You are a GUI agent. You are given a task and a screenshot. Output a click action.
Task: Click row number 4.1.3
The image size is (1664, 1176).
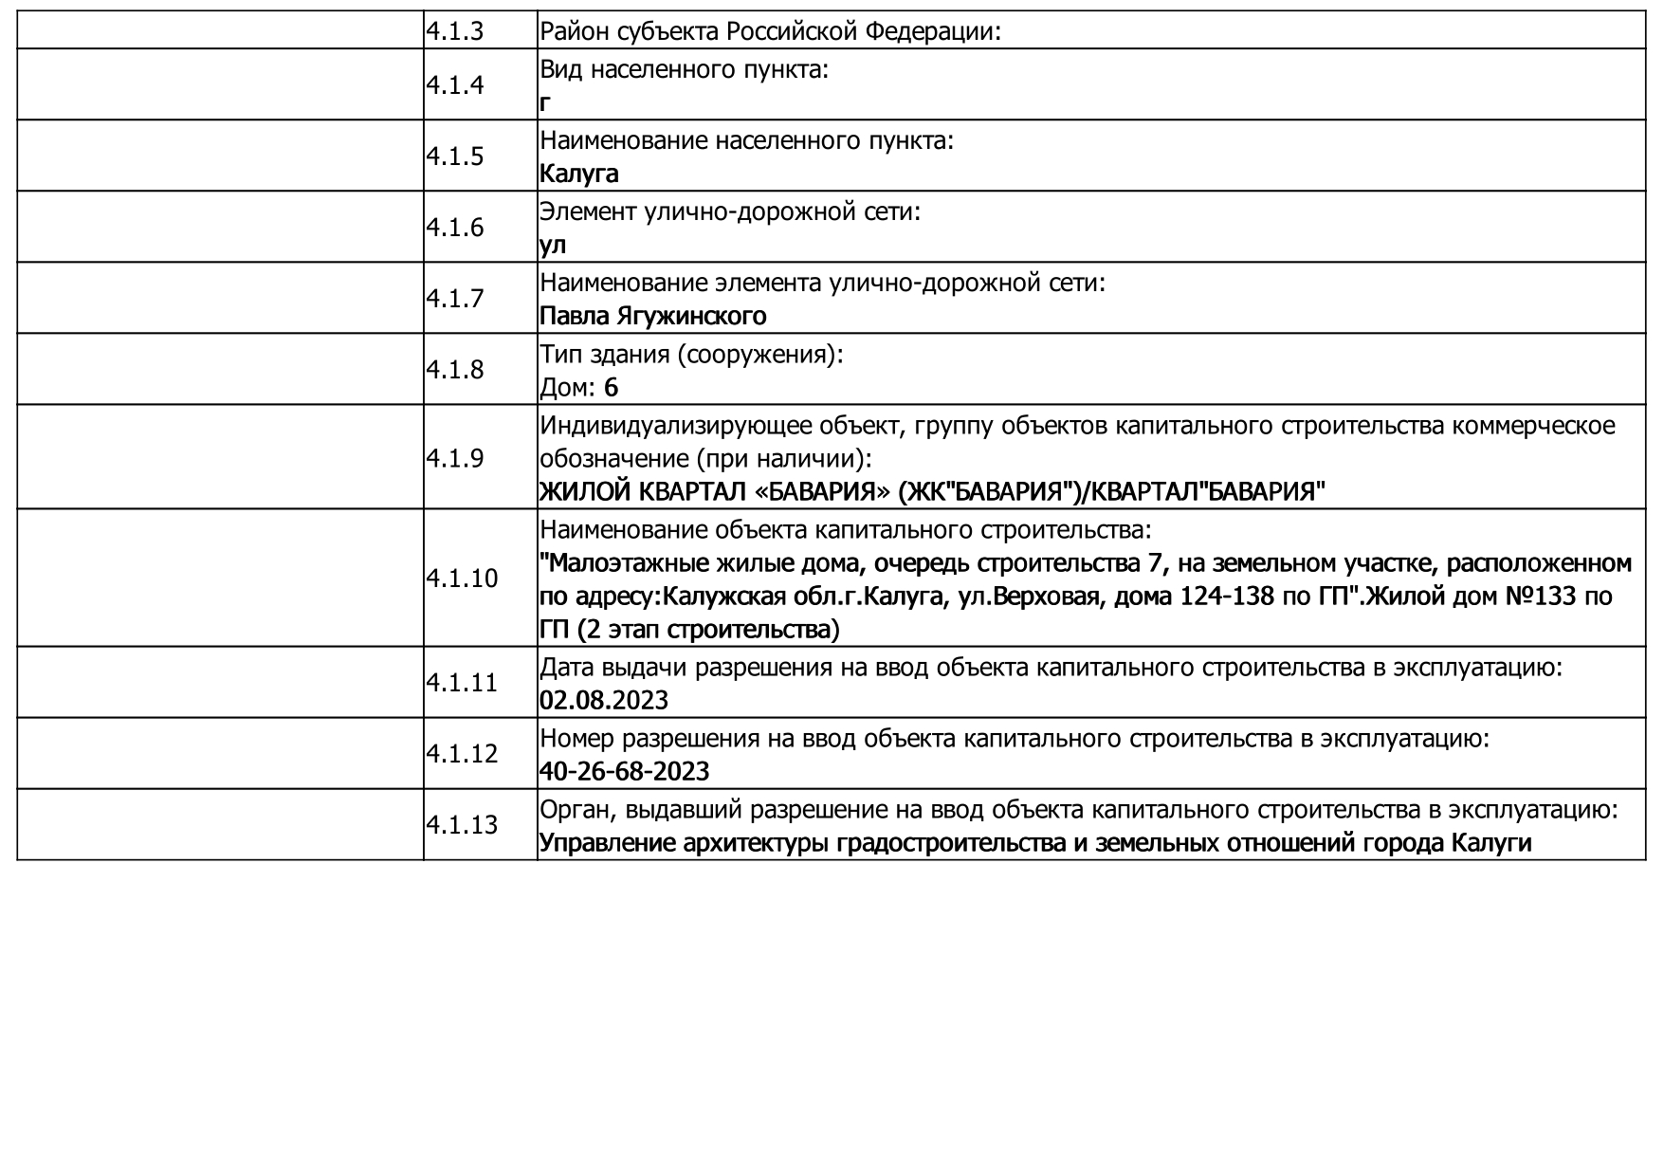click(454, 32)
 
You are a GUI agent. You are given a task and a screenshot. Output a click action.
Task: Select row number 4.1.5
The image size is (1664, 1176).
click(454, 156)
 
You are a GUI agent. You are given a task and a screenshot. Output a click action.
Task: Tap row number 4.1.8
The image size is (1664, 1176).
click(454, 370)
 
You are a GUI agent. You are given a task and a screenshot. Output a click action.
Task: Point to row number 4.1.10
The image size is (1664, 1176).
click(461, 579)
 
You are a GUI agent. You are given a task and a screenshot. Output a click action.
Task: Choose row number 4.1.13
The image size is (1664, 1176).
click(461, 825)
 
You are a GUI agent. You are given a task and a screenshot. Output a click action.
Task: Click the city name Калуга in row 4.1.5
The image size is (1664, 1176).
click(578, 174)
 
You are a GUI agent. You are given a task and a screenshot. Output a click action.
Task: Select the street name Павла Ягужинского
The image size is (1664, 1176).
click(652, 316)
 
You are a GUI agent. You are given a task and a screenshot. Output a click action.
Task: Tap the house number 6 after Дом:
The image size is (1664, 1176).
click(611, 387)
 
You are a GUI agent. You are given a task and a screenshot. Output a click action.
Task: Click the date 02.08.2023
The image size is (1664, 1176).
click(603, 701)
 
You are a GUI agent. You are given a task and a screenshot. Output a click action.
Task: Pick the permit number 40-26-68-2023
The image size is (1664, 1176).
click(624, 772)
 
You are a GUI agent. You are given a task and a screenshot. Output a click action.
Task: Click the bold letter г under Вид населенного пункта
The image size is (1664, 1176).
click(545, 102)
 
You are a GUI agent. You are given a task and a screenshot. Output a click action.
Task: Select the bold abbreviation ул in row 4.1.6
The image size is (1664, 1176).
click(552, 245)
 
